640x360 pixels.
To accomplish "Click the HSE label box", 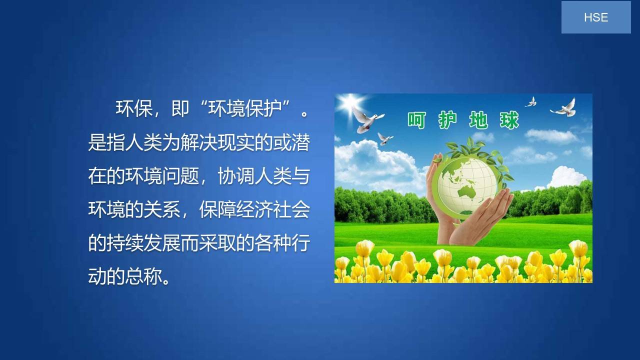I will click(x=596, y=17).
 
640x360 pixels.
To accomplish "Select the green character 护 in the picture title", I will click(x=447, y=120).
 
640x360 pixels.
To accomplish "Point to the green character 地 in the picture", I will click(x=478, y=120).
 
